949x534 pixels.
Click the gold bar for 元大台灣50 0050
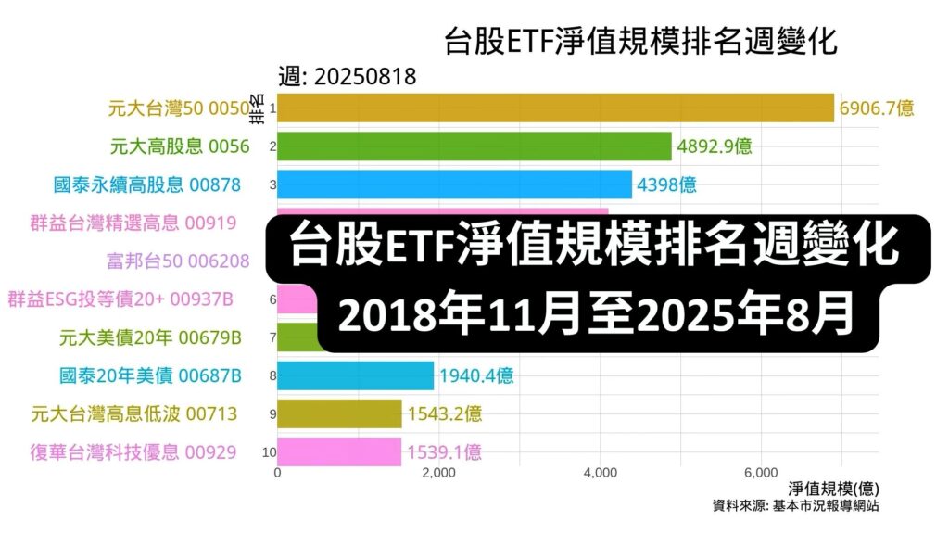[x=556, y=108]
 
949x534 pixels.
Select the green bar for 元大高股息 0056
[x=474, y=146]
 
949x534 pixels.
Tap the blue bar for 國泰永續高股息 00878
[x=454, y=184]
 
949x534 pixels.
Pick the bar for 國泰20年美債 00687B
[x=355, y=375]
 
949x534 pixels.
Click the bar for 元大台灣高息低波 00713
[x=339, y=413]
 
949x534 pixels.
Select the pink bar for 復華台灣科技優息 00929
[x=339, y=451]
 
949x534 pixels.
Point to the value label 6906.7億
[x=877, y=108]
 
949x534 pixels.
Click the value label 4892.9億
[x=714, y=146]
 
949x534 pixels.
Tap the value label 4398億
[x=666, y=184]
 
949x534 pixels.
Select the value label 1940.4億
[x=476, y=375]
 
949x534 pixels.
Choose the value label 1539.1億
[x=444, y=451]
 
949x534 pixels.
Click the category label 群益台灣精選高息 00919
[x=134, y=222]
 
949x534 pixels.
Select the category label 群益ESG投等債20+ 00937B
[x=120, y=299]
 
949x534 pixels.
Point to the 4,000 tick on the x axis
[x=601, y=473]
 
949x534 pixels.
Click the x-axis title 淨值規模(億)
[x=833, y=489]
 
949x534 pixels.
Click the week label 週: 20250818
[x=347, y=77]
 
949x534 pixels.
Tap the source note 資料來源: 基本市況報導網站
[x=795, y=506]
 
